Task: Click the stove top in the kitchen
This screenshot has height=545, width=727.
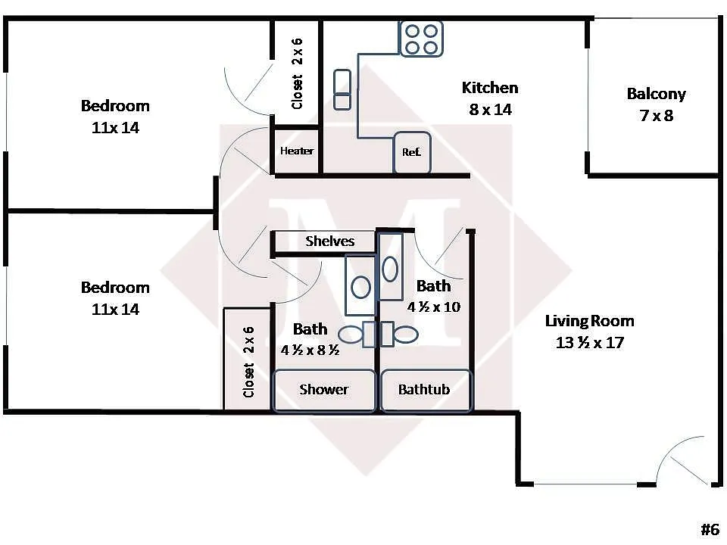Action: coord(422,39)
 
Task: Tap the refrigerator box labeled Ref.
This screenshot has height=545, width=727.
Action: coord(412,152)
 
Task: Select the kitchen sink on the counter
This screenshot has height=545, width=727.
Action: coord(342,89)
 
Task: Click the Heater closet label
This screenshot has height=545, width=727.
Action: coord(297,151)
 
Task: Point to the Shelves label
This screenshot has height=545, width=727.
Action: coord(329,241)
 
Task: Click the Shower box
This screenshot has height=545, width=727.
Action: coord(324,390)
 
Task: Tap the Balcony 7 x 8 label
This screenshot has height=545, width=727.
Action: coord(656,104)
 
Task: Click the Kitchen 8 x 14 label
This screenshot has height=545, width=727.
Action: coord(490,98)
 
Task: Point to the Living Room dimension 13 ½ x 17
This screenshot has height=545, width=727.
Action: coord(590,342)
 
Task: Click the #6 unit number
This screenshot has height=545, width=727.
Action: coord(710,529)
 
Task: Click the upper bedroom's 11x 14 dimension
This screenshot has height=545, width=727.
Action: coord(115,127)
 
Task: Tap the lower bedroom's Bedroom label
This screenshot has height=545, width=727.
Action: coord(115,288)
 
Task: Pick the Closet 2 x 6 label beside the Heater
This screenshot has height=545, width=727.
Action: coord(297,73)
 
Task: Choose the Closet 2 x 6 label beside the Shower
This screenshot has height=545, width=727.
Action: coord(248,362)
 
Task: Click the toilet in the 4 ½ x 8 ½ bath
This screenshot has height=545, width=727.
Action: coord(357,334)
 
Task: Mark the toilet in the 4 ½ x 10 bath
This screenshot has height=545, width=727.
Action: coord(399,334)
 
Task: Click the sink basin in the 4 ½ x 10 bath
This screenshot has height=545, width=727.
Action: coord(390,269)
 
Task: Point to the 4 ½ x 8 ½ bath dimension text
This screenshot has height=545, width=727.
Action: coord(310,350)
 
